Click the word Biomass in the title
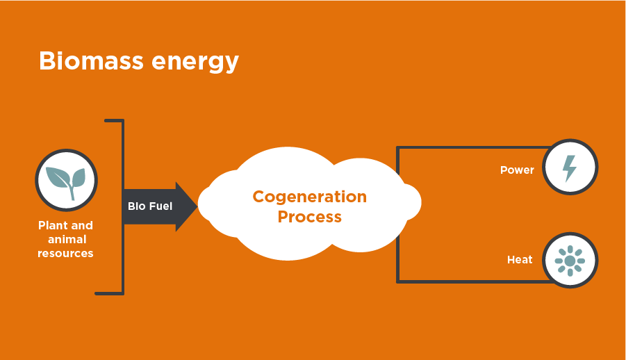tap(91, 60)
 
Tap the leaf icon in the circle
tap(66, 182)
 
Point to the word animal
tap(67, 239)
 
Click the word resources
tap(65, 253)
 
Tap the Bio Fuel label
tap(150, 206)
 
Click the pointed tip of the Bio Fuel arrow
tap(197, 206)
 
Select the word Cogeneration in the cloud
tap(310, 197)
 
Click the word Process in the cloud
tap(310, 217)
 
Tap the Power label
tap(517, 170)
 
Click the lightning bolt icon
tap(569, 168)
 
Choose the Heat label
tap(520, 260)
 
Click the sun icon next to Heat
tap(570, 261)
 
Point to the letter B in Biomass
tap(47, 61)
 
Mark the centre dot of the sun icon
tap(570, 261)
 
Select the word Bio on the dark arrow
tap(137, 206)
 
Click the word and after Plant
tap(81, 225)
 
